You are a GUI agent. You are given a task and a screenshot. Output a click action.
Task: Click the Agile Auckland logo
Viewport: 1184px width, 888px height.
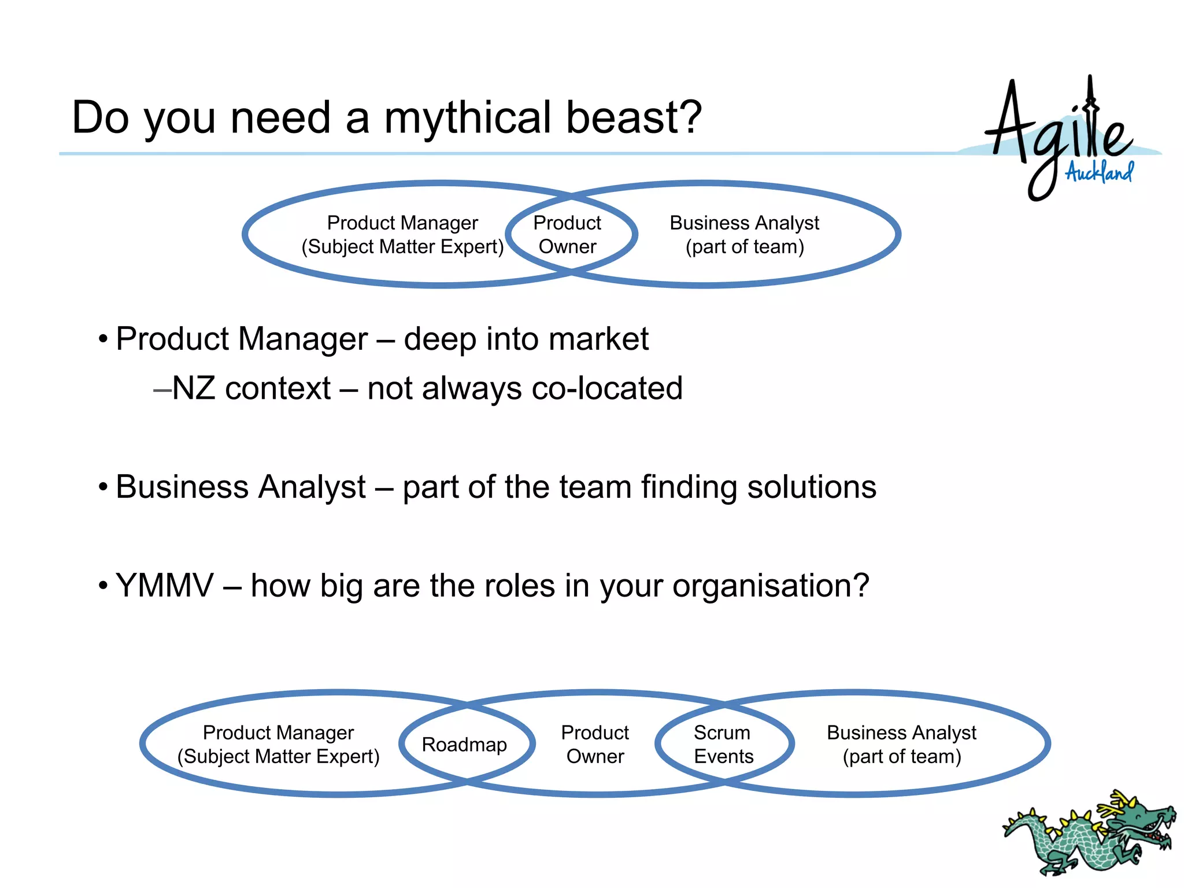pos(1064,139)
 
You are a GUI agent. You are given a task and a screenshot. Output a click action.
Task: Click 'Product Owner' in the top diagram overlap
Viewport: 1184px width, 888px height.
pos(567,235)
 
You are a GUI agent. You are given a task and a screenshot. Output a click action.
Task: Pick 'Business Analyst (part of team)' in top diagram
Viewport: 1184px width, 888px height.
pos(745,235)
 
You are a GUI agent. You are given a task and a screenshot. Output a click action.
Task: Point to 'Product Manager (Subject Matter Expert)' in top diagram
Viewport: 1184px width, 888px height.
pos(402,235)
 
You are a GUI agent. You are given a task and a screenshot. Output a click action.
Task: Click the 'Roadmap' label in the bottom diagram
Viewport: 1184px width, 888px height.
pos(464,745)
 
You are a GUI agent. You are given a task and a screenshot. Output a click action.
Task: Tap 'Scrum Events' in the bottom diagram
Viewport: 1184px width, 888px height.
pos(723,745)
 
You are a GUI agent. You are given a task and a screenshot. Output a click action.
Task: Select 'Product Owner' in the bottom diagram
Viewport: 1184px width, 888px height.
pos(595,745)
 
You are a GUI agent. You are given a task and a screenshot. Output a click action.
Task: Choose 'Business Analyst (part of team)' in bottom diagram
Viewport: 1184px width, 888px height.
pos(901,745)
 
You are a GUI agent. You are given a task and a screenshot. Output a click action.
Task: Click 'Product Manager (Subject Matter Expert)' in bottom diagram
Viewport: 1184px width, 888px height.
pos(278,745)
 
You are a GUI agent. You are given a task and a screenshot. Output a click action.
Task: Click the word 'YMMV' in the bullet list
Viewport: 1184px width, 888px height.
pos(165,586)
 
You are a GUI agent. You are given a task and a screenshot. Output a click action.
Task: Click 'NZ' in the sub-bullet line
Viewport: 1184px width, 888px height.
pos(194,388)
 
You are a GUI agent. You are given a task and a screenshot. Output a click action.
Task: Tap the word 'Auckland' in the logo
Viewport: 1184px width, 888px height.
pos(1100,172)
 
